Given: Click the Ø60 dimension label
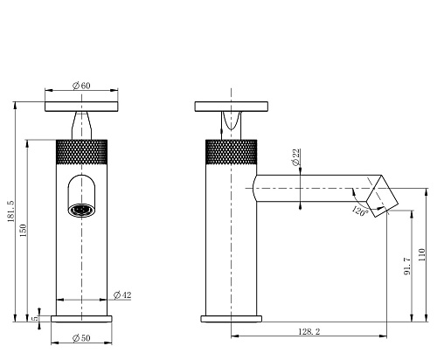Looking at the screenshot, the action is point(81,86).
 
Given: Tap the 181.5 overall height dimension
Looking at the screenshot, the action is point(11,211).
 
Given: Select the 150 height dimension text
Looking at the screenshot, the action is point(24,230).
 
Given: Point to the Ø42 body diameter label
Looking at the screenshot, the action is point(122,295).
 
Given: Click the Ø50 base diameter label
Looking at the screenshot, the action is point(81,338).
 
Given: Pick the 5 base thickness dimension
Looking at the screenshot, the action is point(35,318).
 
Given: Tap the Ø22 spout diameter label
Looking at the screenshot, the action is point(296,157).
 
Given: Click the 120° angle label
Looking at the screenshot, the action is point(360,211).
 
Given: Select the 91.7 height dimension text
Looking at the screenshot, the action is point(407,266).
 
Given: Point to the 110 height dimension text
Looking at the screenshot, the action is point(421,255).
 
